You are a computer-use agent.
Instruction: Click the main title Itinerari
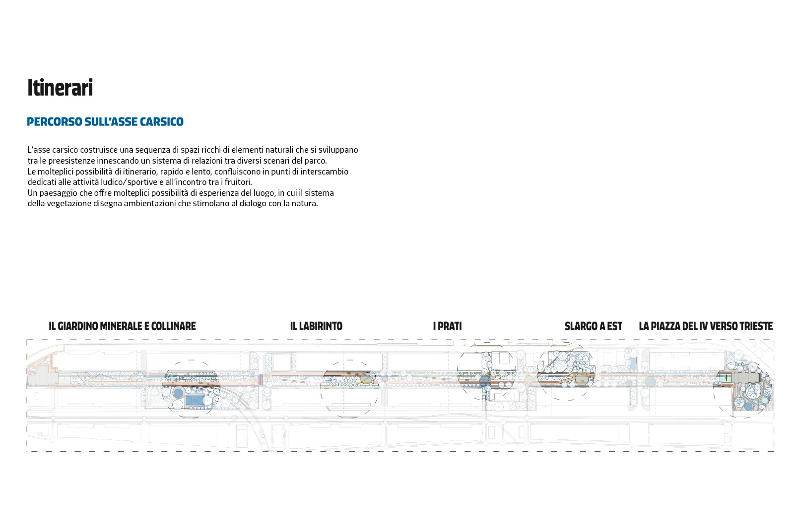tap(60, 87)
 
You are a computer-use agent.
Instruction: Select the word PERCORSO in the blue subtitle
tap(55, 122)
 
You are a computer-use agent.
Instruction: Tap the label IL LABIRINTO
tap(316, 326)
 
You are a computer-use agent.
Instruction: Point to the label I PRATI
tap(447, 326)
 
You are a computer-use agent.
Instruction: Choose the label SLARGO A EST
tap(594, 326)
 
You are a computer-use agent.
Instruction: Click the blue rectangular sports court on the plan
tap(194, 401)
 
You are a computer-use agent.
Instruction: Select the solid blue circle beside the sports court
tap(178, 393)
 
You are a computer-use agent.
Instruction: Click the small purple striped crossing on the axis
tap(261, 379)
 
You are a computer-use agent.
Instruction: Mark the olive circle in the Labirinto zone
tap(366, 378)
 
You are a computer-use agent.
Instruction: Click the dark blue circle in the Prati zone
tap(485, 381)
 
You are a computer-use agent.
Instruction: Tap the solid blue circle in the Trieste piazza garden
tap(748, 407)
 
